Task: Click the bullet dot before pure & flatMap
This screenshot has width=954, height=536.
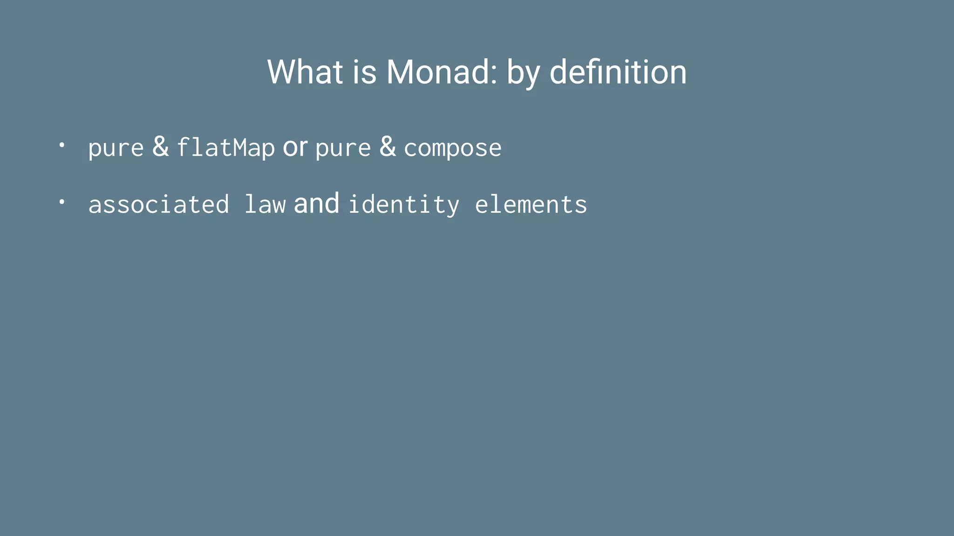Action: (61, 145)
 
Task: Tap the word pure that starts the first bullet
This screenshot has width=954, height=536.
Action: (116, 148)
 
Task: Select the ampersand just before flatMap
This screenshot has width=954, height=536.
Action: (160, 147)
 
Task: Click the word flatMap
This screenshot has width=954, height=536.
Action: (226, 147)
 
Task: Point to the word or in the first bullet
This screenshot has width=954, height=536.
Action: (295, 147)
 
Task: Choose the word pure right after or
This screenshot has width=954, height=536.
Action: (343, 148)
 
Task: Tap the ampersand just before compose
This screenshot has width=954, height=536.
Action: (388, 147)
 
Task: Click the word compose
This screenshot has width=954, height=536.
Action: (453, 148)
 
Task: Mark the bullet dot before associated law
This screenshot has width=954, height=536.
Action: (61, 202)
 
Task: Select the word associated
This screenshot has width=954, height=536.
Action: (159, 204)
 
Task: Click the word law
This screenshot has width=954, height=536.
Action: (265, 204)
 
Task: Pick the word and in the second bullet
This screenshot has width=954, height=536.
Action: (317, 203)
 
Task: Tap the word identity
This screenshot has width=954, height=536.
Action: (404, 205)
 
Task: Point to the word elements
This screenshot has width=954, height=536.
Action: (531, 204)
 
